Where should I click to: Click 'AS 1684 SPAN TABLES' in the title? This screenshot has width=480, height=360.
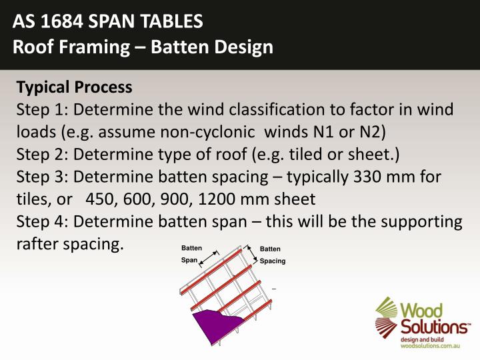(108, 22)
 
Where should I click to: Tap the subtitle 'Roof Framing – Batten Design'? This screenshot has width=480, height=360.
(143, 47)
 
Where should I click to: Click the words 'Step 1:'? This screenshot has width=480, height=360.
(41, 109)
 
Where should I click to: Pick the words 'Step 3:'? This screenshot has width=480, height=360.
(41, 177)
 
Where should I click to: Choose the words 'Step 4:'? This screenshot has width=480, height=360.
(41, 222)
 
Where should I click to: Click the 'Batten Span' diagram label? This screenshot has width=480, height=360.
(191, 254)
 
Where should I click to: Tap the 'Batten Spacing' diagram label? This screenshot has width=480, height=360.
(272, 255)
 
